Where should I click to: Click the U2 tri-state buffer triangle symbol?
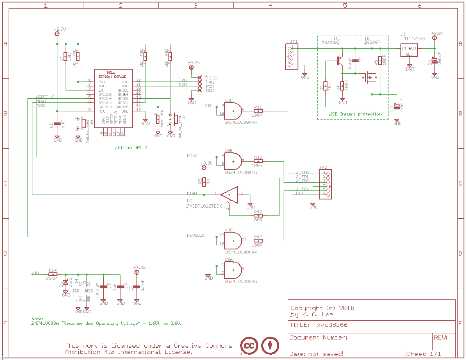(x=230, y=194)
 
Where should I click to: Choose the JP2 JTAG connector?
(x=325, y=184)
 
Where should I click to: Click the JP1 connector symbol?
(x=291, y=56)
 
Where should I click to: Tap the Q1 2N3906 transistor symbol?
(x=340, y=61)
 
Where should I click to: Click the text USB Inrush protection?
(x=355, y=114)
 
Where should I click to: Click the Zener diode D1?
(x=65, y=283)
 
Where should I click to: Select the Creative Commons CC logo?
(x=249, y=346)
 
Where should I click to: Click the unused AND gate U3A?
(x=232, y=269)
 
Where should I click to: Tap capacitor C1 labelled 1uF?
(x=57, y=125)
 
